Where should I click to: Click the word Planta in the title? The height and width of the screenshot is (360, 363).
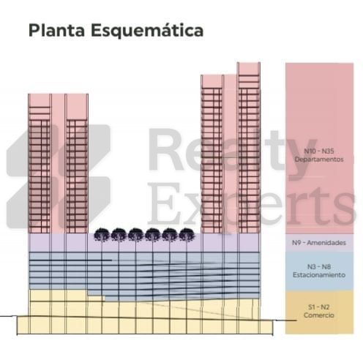pos(56,31)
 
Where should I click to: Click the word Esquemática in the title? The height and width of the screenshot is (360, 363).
pos(147,31)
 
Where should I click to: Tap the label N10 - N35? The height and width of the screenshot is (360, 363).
pos(319,151)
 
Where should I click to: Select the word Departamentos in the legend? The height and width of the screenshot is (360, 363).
pos(319,160)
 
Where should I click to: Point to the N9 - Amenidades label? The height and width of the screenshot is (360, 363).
pos(319,242)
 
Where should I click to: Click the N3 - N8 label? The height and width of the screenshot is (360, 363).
pos(319,266)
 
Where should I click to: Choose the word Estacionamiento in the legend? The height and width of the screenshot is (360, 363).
pos(319,275)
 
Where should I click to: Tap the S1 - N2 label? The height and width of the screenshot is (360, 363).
pos(319,307)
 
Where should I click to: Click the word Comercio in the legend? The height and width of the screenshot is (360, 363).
pos(319,315)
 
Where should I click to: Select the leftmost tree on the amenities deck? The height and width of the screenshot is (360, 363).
pos(102,235)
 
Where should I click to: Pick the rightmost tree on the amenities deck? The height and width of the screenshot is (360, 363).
pos(187,235)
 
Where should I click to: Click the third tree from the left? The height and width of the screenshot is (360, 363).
pos(135,235)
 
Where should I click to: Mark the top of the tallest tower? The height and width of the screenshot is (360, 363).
pos(249,63)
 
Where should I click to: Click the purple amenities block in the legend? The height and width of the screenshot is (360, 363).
pos(319,243)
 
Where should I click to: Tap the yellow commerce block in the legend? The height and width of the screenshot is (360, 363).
pos(319,312)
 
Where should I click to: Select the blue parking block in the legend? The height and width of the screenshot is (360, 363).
pos(319,271)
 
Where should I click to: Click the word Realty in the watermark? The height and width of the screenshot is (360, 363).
pos(232,151)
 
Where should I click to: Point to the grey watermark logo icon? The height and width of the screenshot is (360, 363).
pos(58,177)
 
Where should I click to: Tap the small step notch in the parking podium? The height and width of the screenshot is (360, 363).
pos(97,299)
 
